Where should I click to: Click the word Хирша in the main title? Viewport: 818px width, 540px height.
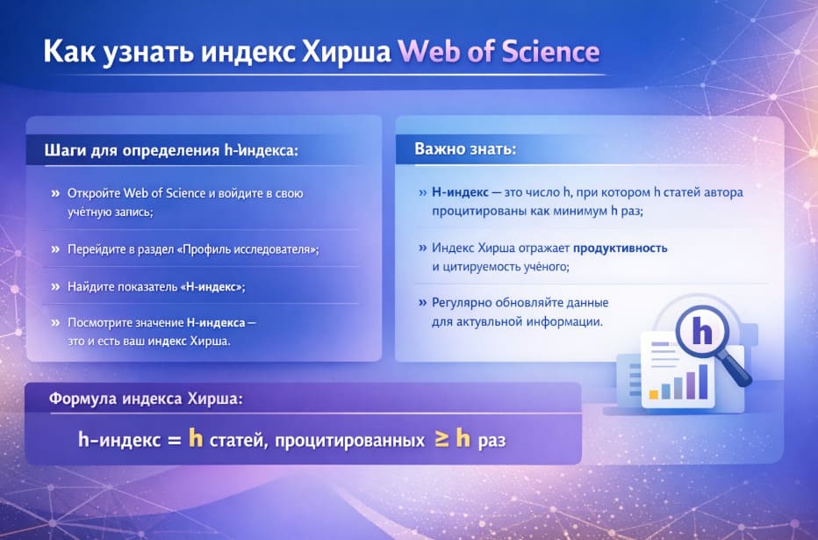click(344, 52)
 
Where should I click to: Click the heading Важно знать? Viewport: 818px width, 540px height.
click(465, 149)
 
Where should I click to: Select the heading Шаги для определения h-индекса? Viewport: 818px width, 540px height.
click(171, 151)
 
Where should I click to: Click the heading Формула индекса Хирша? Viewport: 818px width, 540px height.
click(146, 398)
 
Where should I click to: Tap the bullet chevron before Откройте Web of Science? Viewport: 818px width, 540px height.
click(56, 192)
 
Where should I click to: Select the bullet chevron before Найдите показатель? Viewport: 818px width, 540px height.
click(56, 286)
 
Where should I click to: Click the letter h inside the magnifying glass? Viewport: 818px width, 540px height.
click(702, 331)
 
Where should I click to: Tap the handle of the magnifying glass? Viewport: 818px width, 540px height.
click(740, 373)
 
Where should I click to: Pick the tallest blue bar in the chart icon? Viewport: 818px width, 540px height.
click(702, 382)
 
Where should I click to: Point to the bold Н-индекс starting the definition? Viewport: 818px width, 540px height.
click(460, 191)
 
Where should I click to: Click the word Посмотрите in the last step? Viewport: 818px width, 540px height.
click(103, 322)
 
